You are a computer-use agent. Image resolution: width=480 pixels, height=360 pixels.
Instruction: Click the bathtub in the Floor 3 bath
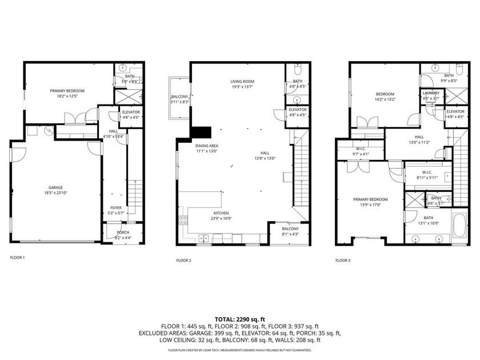(459, 227)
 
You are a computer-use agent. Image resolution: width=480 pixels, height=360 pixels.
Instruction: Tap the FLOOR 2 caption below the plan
(183, 260)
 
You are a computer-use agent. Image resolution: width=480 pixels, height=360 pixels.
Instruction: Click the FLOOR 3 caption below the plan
(343, 260)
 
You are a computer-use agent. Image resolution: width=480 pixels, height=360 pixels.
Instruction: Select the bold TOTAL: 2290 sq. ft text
(239, 319)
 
